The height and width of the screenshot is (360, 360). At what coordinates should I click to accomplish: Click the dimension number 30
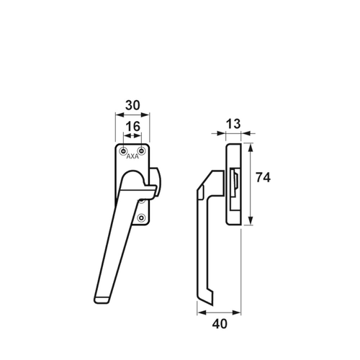tap(132, 105)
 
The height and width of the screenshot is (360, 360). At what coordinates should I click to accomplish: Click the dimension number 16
tap(133, 126)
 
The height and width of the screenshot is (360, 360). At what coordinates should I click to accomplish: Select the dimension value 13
tap(233, 124)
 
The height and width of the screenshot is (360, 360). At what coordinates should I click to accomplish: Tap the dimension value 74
tap(263, 178)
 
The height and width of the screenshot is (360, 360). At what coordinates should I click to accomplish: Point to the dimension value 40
tap(220, 324)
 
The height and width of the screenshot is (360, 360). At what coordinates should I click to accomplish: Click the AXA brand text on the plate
tap(132, 156)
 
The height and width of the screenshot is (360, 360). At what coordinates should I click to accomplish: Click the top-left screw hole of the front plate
tap(123, 151)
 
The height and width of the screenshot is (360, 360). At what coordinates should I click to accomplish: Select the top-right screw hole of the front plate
tap(142, 151)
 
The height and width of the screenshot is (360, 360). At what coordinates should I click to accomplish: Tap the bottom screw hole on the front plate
tap(142, 218)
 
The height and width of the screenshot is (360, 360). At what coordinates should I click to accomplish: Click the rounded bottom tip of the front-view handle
tap(101, 300)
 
